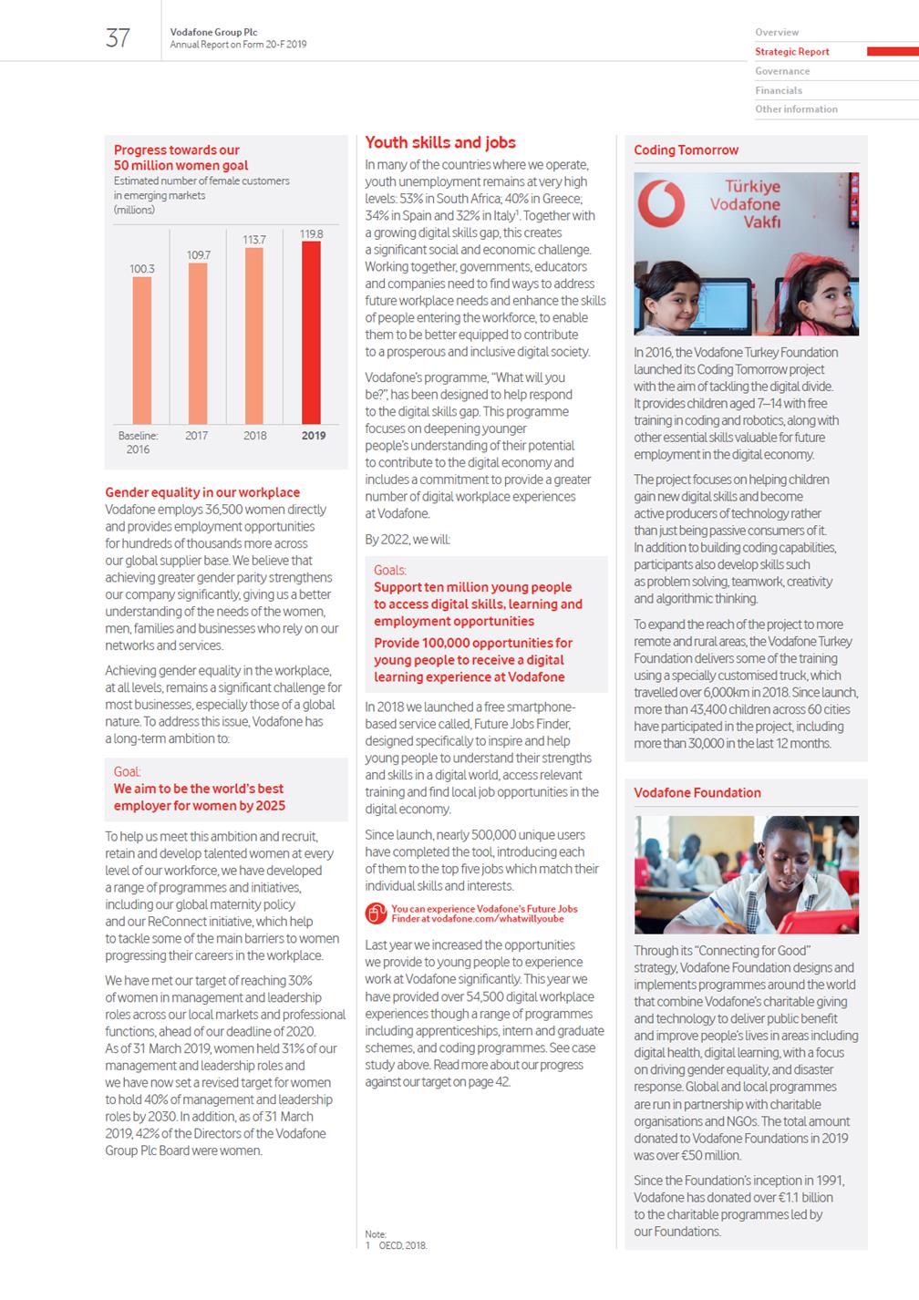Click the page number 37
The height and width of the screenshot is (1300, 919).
click(x=119, y=37)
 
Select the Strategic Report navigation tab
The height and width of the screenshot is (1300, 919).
click(x=791, y=52)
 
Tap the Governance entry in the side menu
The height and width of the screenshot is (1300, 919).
click(x=782, y=71)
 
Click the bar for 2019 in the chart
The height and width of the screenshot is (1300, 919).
click(x=312, y=333)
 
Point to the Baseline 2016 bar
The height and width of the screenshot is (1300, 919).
click(x=142, y=350)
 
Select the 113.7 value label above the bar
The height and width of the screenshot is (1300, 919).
click(x=254, y=240)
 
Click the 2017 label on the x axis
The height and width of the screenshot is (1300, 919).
click(x=197, y=436)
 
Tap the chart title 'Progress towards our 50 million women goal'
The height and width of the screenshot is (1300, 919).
click(x=181, y=158)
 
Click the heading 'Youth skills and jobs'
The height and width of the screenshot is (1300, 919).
click(x=440, y=142)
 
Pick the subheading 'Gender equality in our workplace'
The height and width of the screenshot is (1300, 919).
click(x=202, y=492)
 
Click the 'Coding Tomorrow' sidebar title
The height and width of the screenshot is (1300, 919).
click(x=687, y=150)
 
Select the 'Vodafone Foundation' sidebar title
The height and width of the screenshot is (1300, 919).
click(x=697, y=793)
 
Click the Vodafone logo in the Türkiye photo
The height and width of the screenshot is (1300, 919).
click(x=661, y=203)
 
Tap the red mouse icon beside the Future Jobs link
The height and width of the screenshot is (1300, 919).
click(x=376, y=913)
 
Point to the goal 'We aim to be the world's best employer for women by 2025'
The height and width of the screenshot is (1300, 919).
click(x=199, y=798)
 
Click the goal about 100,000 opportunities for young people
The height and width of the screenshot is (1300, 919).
click(x=473, y=660)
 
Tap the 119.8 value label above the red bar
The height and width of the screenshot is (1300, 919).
click(x=312, y=234)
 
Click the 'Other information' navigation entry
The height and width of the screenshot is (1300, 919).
click(x=796, y=109)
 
